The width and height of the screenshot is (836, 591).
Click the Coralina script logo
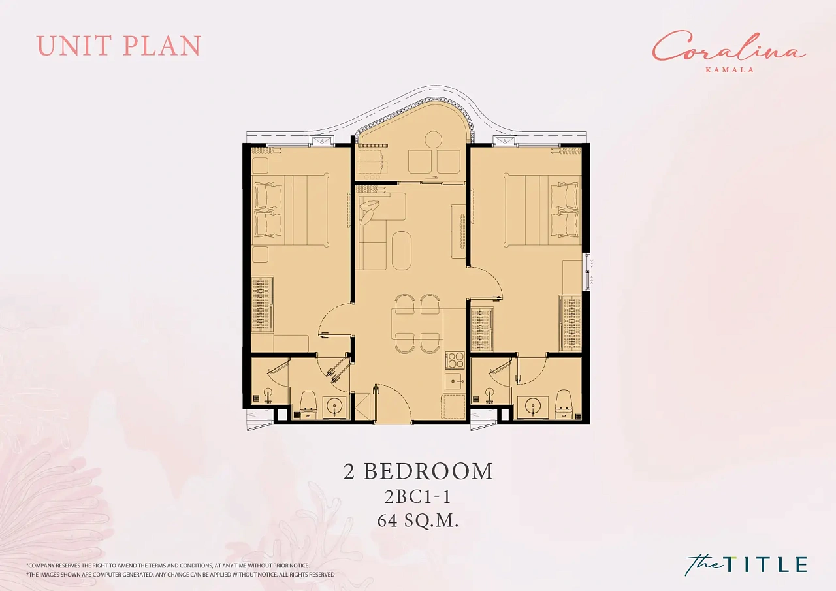[728, 52]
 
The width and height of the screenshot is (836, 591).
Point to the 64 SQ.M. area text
[417, 520]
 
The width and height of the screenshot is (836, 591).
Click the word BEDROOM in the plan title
[428, 471]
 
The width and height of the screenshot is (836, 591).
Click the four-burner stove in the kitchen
[455, 360]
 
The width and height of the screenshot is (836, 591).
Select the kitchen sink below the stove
[455, 381]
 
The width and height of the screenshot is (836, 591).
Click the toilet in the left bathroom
[308, 404]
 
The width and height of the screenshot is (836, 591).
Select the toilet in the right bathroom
[564, 404]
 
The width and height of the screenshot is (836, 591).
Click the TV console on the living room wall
[458, 231]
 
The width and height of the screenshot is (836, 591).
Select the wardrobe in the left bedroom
[262, 303]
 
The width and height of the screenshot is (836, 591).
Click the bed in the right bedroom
[543, 210]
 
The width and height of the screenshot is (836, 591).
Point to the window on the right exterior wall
[588, 270]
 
